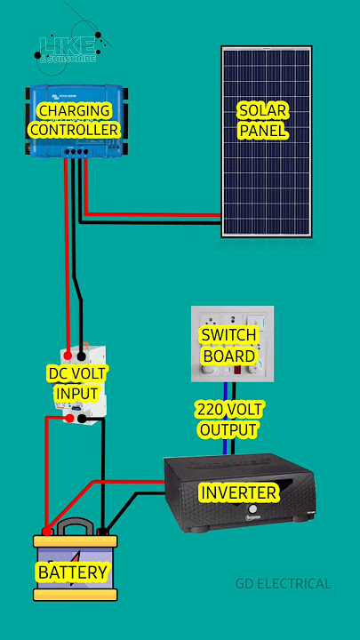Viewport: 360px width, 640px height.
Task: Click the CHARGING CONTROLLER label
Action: (74, 120)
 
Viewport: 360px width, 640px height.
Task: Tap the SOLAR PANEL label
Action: (264, 120)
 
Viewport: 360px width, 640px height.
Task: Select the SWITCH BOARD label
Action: (228, 346)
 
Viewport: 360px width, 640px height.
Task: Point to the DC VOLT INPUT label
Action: (76, 383)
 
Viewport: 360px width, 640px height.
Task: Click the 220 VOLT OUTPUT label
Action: (227, 420)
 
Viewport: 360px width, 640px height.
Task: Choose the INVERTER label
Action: (238, 492)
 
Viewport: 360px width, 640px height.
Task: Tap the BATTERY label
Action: (73, 572)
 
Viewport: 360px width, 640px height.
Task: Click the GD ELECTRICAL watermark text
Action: (283, 584)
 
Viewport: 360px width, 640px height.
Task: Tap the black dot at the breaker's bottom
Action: (82, 417)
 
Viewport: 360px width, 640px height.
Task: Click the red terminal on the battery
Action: (46, 532)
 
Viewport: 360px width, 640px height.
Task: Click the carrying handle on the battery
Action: (75, 526)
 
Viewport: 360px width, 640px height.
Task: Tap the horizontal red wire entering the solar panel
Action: (151, 214)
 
